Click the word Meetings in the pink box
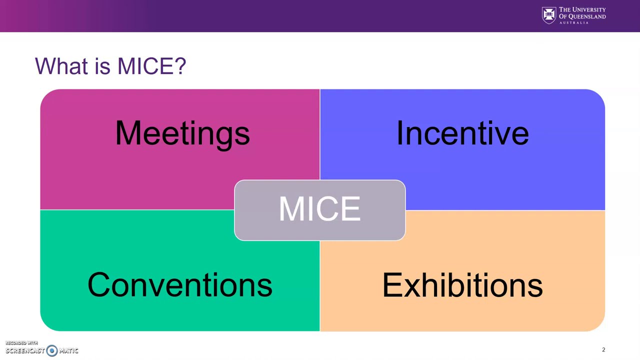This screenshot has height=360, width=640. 182,133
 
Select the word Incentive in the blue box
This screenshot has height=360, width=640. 462,133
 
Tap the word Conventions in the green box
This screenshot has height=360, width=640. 179,285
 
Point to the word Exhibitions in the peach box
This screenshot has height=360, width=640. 462,285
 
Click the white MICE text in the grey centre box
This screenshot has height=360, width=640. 319,209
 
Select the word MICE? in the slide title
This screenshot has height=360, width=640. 151,66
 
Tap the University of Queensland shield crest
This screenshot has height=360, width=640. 548,15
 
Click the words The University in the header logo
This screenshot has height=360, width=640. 582,9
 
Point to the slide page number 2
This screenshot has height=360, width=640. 603,350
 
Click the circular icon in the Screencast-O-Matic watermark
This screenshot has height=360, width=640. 52,350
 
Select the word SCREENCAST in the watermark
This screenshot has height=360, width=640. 25,351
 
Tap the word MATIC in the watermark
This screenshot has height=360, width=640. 68,351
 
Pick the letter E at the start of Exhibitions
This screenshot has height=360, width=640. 390,285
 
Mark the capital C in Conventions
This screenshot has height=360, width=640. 98,285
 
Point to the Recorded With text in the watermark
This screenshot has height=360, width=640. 21,343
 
